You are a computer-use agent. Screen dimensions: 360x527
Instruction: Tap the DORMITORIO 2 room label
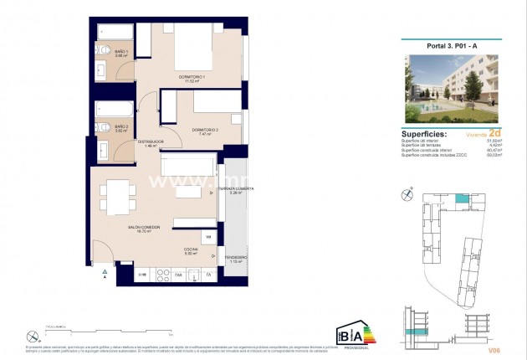205,131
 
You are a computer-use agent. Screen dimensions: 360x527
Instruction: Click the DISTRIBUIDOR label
150,144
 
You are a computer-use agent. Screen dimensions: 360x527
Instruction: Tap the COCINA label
190,251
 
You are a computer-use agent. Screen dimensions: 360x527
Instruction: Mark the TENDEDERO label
236,260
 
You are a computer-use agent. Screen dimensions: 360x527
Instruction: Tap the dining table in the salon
116,197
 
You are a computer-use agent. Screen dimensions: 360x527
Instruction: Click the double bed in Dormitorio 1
194,52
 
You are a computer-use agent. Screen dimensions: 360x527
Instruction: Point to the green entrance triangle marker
105,272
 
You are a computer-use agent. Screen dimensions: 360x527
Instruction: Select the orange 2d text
494,132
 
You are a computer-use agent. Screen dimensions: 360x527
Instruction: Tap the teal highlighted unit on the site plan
462,199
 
